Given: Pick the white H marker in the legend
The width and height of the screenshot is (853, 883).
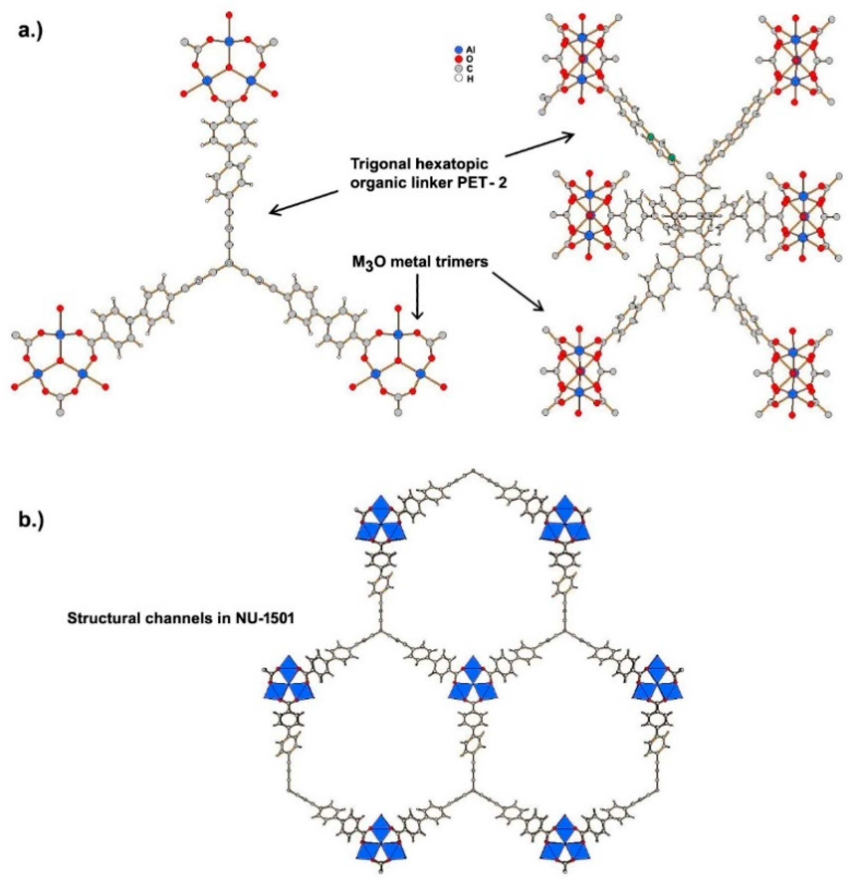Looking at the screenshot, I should (x=459, y=78).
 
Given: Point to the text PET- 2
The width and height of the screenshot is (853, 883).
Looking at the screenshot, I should (x=488, y=183).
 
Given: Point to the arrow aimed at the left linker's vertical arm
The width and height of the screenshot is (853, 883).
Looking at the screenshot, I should (x=304, y=202).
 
